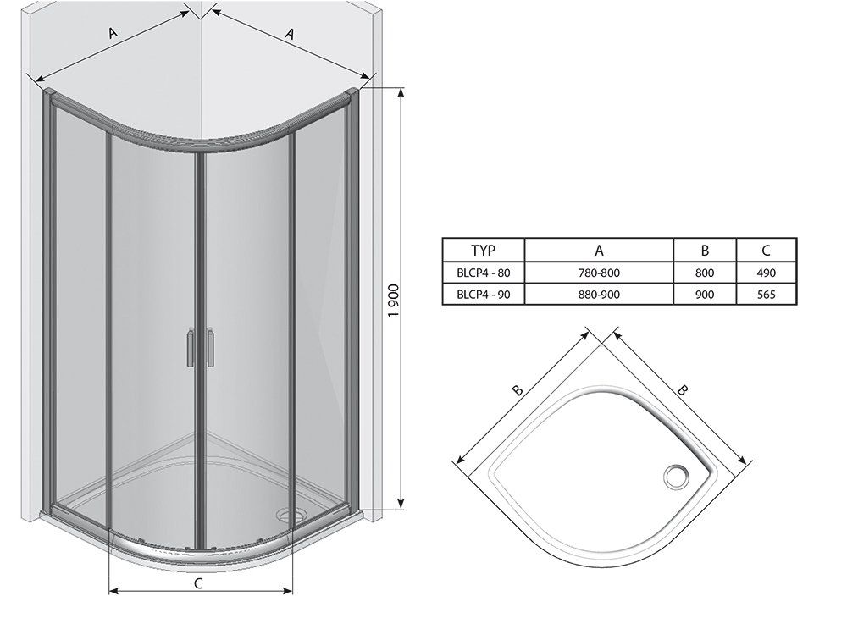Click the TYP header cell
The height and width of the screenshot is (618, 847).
coord(483,251)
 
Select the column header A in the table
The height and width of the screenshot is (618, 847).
coord(599,251)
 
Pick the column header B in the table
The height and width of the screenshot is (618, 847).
coord(705,251)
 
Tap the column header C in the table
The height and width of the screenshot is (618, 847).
coord(766,251)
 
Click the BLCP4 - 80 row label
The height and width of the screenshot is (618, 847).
coord(483,273)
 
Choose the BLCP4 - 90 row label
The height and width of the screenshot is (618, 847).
coord(483,295)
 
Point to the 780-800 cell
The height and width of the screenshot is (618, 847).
coord(599,273)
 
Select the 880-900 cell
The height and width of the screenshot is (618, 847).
coord(599,295)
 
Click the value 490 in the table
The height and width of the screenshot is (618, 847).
coord(766,273)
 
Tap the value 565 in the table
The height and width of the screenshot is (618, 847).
coord(766,295)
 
